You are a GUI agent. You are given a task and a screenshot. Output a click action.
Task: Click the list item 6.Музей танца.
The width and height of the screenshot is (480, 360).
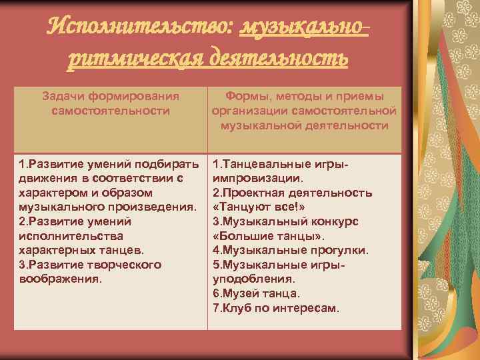point(256,293)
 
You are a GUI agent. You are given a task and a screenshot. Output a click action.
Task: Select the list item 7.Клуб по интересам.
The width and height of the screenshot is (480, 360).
point(276,308)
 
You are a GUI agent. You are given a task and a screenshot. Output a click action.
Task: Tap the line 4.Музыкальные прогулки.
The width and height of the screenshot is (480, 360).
point(290,250)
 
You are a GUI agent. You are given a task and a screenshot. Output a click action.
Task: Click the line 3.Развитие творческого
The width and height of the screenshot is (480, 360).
point(90,265)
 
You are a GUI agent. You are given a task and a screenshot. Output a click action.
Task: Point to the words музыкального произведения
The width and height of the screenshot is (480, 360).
point(107,207)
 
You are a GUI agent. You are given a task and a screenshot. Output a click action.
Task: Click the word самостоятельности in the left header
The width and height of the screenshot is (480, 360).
point(111,110)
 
